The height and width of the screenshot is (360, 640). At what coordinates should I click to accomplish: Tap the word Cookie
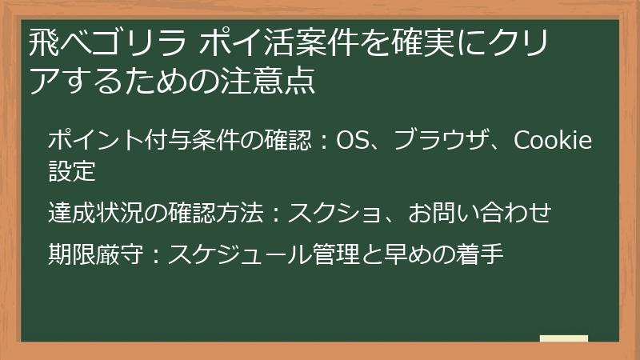pos(552,141)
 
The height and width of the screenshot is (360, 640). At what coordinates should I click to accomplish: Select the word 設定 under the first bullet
pos(72,170)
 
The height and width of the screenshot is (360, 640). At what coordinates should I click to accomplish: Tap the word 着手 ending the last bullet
pos(478,254)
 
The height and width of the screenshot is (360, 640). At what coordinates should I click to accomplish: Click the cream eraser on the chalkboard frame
pos(564,338)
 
